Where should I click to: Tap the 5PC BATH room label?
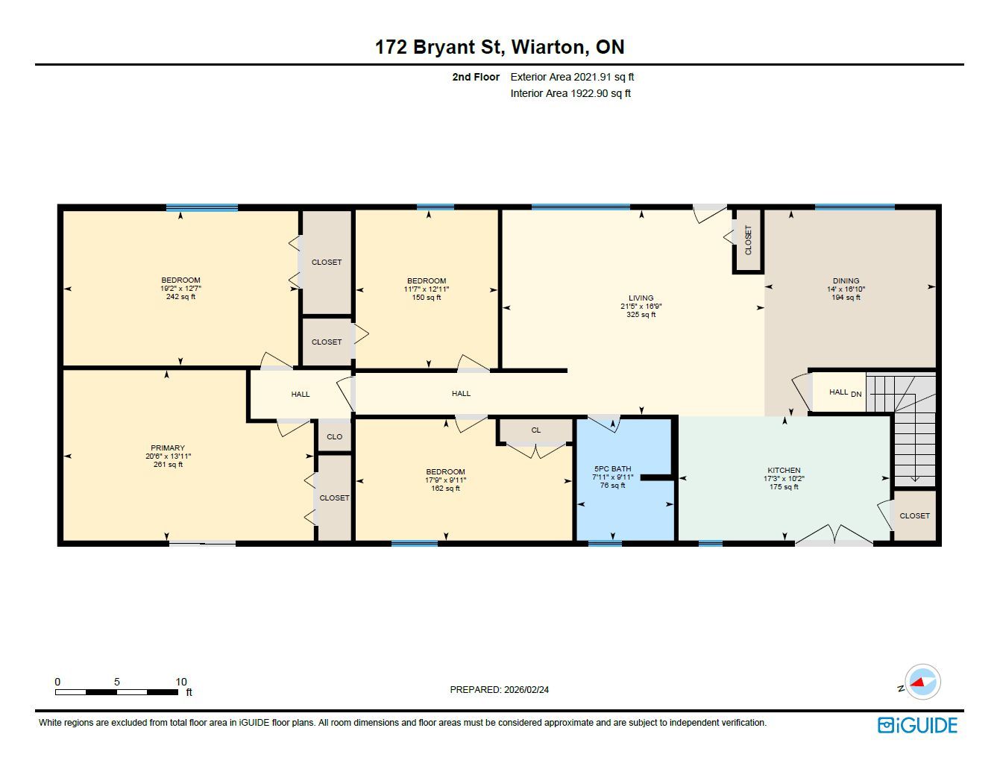[612, 468]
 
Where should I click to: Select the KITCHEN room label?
[784, 470]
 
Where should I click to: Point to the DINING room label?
[846, 280]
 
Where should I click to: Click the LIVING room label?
[641, 298]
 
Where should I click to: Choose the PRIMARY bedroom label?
[168, 448]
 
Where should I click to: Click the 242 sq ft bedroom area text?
[180, 297]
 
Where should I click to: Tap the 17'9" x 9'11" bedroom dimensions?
[445, 480]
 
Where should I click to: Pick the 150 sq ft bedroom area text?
[426, 298]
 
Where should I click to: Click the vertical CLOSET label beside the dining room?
[748, 239]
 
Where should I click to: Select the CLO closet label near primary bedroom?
[334, 436]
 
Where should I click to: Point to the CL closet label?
[535, 430]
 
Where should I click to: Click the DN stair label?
[856, 395]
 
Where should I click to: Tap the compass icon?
[922, 682]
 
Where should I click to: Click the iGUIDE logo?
[917, 726]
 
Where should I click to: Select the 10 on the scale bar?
[181, 681]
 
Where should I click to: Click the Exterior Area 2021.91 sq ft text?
[572, 78]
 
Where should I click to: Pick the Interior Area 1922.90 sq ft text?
[570, 93]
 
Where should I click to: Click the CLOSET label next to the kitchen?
[914, 515]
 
